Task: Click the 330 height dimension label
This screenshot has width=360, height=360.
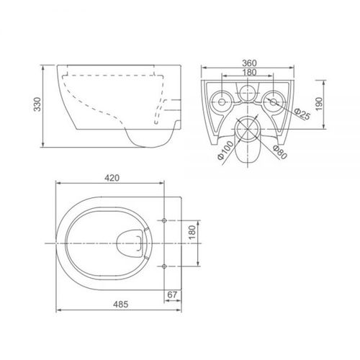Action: [37, 104]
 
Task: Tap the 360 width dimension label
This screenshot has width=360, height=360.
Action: [249, 63]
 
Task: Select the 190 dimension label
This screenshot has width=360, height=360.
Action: [319, 104]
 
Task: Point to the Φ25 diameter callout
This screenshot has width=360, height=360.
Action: [302, 114]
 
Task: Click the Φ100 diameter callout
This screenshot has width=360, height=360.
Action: [225, 150]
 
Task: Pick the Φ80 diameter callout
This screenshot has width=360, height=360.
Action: [280, 153]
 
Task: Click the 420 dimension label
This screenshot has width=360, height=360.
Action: [112, 178]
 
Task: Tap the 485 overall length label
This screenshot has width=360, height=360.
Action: [121, 305]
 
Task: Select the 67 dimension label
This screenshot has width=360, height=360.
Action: [172, 294]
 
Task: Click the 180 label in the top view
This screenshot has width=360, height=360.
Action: [192, 232]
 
